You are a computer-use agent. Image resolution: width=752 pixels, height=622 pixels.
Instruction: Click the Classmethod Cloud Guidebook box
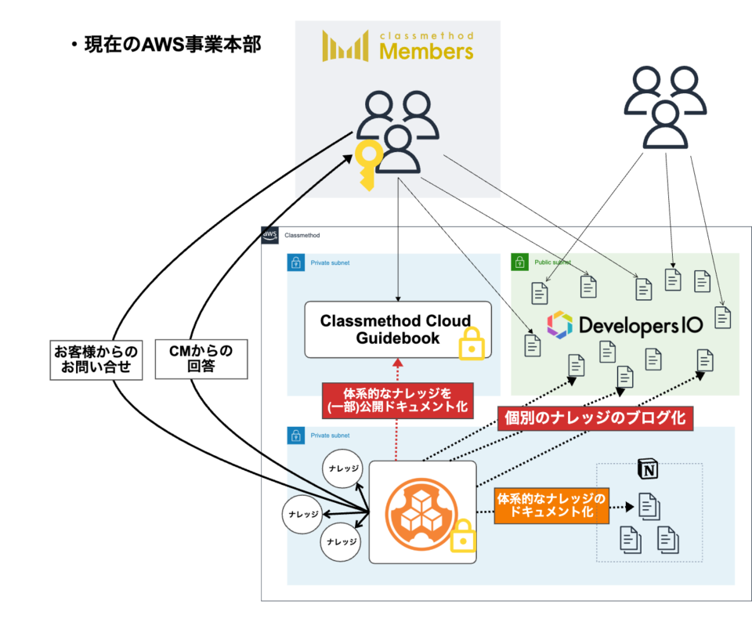pyautogui.click(x=397, y=329)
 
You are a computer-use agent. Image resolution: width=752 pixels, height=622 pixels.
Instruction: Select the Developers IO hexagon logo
pyautogui.click(x=560, y=324)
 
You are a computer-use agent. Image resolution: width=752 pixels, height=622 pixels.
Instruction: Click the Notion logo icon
pyautogui.click(x=649, y=470)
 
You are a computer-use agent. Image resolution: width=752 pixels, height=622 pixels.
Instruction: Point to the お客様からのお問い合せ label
pyautogui.click(x=96, y=359)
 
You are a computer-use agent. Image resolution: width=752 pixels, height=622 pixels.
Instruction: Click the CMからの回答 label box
pyautogui.click(x=202, y=359)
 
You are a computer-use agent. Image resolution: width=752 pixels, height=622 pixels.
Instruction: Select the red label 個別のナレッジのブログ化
pyautogui.click(x=594, y=418)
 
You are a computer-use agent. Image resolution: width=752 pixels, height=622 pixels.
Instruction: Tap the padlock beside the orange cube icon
pyautogui.click(x=462, y=535)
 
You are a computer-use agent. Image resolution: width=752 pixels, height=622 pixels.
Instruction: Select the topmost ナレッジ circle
pyautogui.click(x=342, y=469)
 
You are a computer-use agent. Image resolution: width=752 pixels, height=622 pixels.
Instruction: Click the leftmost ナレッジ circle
pyautogui.click(x=302, y=514)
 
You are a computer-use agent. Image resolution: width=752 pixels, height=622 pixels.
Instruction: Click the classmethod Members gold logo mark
pyautogui.click(x=345, y=47)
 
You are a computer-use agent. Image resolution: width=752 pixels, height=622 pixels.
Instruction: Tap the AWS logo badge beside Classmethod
pyautogui.click(x=270, y=235)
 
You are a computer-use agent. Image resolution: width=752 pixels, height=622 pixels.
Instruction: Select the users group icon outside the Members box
pyautogui.click(x=664, y=107)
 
